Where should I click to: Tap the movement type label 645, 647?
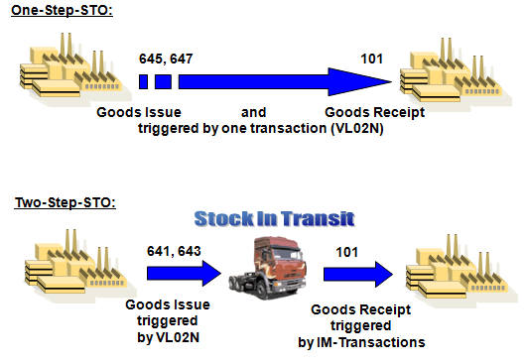(166, 59)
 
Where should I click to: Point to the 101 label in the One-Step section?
(372, 59)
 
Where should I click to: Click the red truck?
(260, 277)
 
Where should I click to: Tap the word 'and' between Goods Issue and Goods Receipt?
(254, 112)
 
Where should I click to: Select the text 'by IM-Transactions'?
(361, 342)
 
